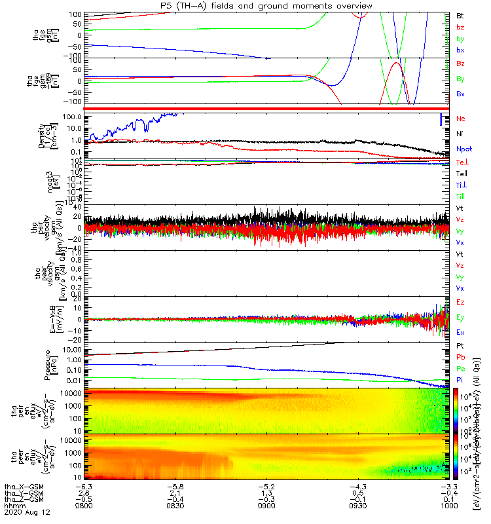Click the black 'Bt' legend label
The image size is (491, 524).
(460, 15)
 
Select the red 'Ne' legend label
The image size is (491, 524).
(460, 119)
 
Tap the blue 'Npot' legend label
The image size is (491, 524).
(464, 149)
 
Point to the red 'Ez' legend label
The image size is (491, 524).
(460, 302)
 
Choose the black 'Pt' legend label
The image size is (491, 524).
(460, 345)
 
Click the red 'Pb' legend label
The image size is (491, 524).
(460, 357)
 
